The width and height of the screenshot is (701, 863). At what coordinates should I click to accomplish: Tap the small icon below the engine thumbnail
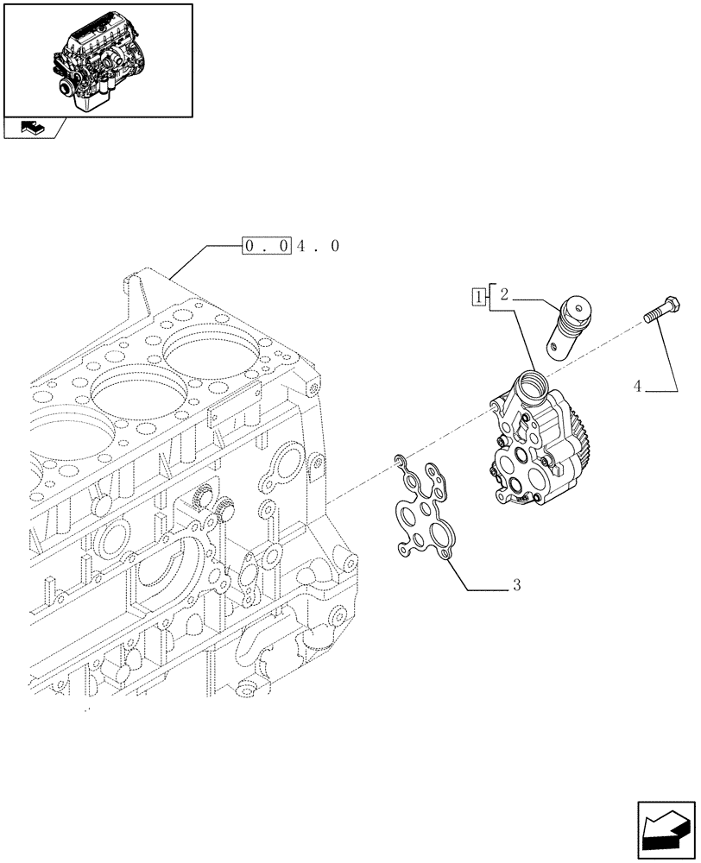(32, 129)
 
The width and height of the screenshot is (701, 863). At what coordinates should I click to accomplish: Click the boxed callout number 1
(477, 298)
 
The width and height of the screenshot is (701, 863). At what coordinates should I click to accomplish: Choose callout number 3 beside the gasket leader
(515, 585)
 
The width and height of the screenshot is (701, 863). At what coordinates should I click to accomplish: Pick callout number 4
(637, 387)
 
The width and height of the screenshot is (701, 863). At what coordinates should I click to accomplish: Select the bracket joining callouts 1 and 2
(489, 298)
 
